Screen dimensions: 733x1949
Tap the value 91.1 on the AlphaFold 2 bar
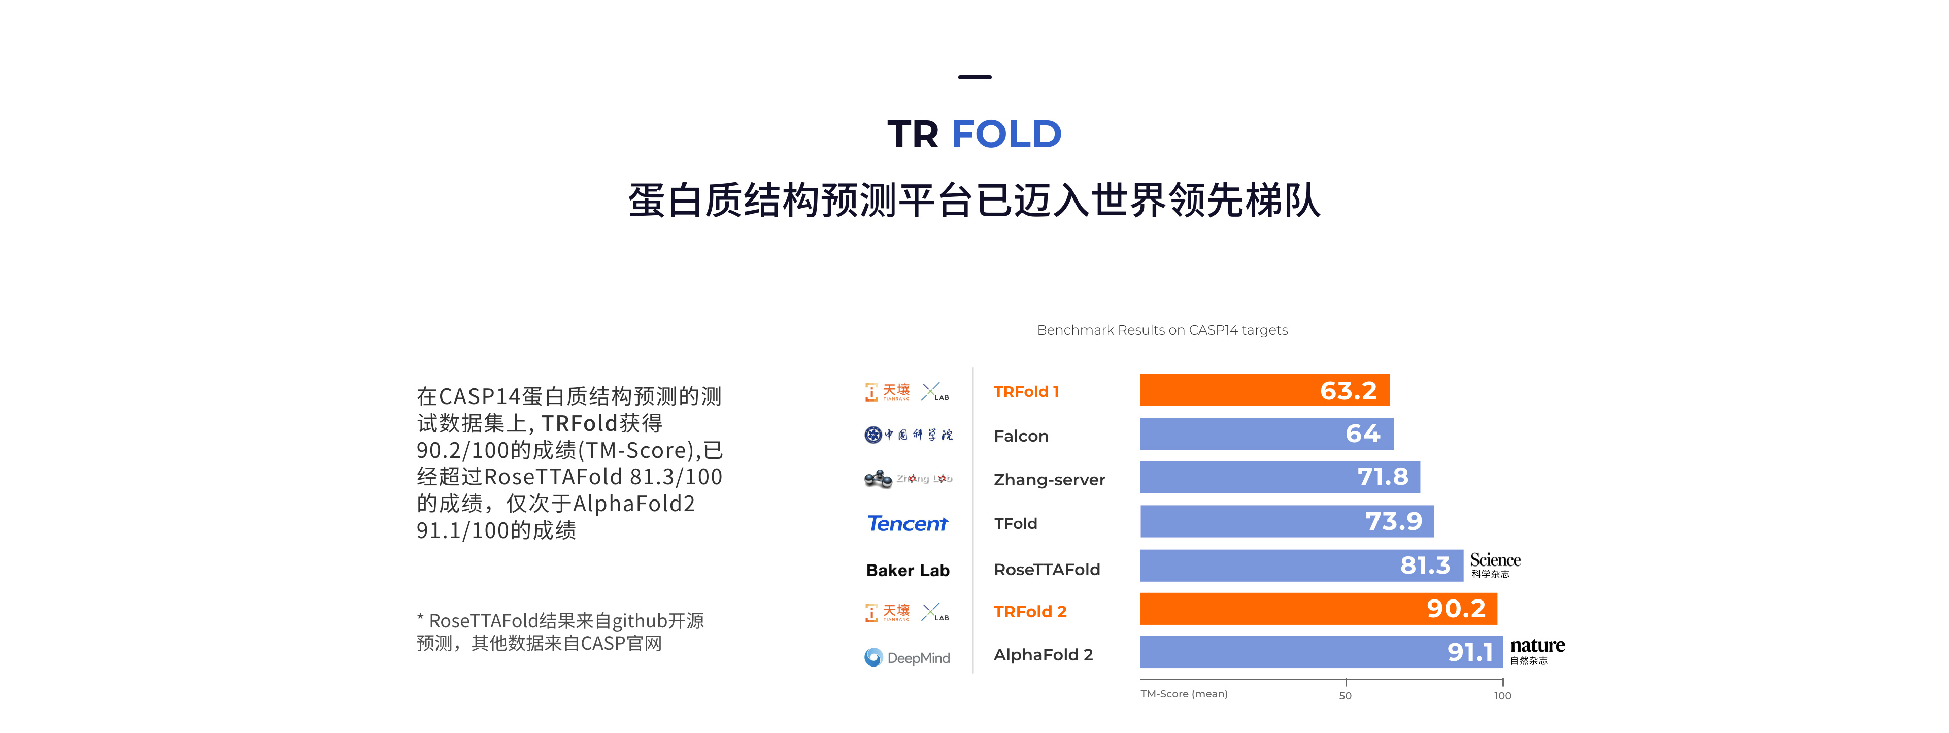tap(1469, 652)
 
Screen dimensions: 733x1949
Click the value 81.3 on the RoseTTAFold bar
tap(1425, 565)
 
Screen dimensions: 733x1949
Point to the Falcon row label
tap(1021, 436)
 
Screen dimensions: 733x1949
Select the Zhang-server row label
tap(1049, 480)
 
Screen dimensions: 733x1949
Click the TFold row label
tap(1015, 523)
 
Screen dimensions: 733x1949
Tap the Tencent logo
tap(907, 523)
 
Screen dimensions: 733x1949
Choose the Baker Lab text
tap(907, 571)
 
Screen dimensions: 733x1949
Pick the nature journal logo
tap(1537, 650)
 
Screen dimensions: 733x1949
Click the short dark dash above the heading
tap(974, 77)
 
